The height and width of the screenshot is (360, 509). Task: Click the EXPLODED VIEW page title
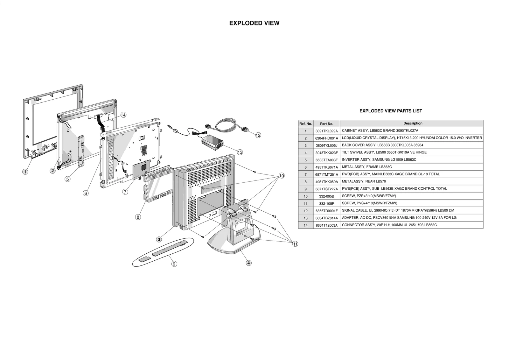254,23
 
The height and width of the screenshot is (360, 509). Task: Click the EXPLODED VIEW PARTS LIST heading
391,111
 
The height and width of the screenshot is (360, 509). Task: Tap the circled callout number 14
123,115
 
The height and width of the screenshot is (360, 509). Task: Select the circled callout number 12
258,135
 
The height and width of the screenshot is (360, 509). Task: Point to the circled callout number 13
240,152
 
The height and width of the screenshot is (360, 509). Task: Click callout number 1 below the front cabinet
25,172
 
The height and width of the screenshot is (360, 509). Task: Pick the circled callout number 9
174,264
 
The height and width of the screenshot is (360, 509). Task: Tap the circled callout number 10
282,176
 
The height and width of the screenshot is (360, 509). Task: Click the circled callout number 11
295,244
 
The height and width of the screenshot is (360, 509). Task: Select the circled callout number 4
249,263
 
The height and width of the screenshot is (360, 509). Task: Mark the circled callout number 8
138,217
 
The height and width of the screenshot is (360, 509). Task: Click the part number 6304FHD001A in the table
326,138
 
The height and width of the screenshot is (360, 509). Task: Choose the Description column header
413,124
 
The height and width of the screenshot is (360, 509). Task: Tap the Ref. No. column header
305,124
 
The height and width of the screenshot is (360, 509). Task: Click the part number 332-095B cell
326,196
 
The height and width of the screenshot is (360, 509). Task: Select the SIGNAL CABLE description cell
398,210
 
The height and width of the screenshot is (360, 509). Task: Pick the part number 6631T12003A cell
326,225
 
